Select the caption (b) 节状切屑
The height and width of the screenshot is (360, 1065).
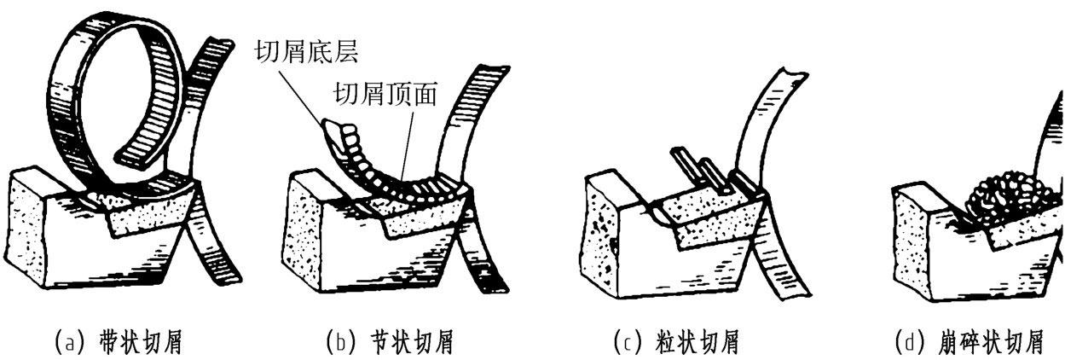click(390, 343)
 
